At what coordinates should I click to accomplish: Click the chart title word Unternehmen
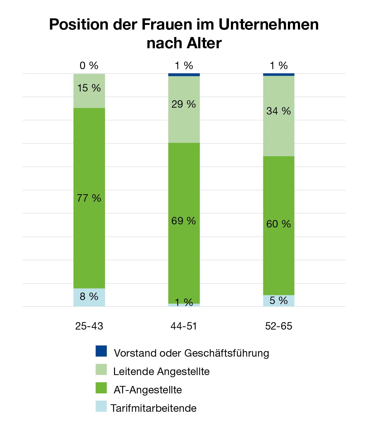pos(269,25)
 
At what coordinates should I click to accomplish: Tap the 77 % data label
pos(89,198)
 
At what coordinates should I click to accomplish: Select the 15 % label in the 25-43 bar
pos(89,88)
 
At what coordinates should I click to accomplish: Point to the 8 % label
pos(89,296)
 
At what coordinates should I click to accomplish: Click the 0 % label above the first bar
pos(89,66)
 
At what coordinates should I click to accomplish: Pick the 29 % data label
pos(184,104)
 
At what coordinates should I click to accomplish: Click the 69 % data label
pos(184,221)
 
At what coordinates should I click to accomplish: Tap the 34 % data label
pos(279,111)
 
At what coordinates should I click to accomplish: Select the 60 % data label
pos(279,224)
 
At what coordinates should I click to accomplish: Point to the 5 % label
pos(279,301)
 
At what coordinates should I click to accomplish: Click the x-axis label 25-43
pos(89,326)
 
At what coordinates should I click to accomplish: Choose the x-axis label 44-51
pos(184,326)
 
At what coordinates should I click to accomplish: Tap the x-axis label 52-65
pos(279,326)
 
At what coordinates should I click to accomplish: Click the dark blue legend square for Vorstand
pos(101,351)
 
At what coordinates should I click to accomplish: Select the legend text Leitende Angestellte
pos(161,372)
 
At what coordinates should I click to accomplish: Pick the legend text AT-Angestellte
pos(148,390)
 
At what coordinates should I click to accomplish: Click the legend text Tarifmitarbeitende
pos(154,408)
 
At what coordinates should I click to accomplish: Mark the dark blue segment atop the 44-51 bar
pos(184,75)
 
